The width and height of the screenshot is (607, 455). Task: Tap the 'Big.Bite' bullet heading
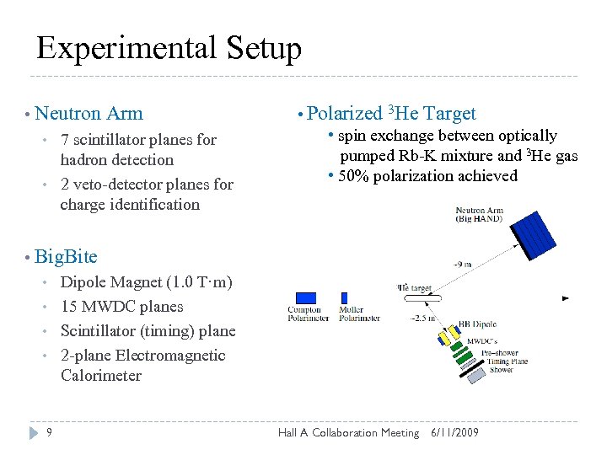[67, 256]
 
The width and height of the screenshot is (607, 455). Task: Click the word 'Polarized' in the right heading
[345, 113]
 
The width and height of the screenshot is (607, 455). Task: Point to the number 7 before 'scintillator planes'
[65, 140]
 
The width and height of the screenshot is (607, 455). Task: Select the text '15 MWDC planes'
[121, 306]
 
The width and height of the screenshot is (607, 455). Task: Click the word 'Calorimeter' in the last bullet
[100, 376]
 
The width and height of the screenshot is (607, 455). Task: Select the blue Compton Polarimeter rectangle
[306, 297]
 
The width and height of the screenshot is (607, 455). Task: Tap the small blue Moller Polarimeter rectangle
[344, 297]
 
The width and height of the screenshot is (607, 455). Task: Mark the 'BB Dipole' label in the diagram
[475, 324]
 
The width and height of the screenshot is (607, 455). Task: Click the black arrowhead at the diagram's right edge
[566, 297]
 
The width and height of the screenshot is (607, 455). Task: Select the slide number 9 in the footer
[50, 432]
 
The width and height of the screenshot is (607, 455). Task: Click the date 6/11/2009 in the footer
[454, 432]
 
